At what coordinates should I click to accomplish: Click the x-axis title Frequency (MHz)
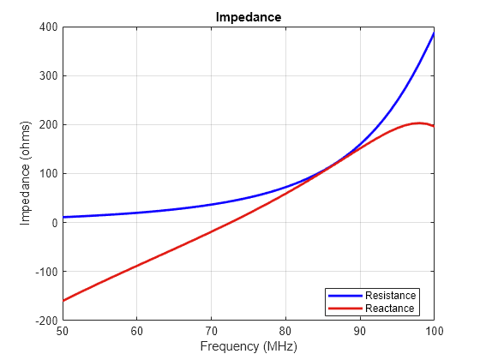coord(248,347)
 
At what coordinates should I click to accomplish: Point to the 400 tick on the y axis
coord(48,27)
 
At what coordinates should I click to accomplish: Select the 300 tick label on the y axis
coord(48,76)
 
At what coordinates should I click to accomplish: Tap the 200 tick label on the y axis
coord(48,125)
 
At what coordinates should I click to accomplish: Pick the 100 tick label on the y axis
coord(48,174)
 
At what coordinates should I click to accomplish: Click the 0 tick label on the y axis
coord(54,223)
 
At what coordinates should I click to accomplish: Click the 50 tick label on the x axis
coord(63,330)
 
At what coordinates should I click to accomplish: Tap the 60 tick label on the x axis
coord(136,330)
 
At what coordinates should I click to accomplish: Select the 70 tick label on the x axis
coord(211,330)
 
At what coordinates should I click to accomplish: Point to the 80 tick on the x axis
coord(285,330)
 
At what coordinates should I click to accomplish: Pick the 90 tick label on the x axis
coord(359,330)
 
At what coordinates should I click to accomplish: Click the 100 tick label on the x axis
coord(434,330)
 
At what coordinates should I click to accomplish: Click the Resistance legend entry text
coord(390,296)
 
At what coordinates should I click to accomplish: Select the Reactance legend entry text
coord(389,309)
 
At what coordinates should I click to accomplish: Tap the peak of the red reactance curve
coord(419,123)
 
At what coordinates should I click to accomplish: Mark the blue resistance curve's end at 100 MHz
coord(434,33)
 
